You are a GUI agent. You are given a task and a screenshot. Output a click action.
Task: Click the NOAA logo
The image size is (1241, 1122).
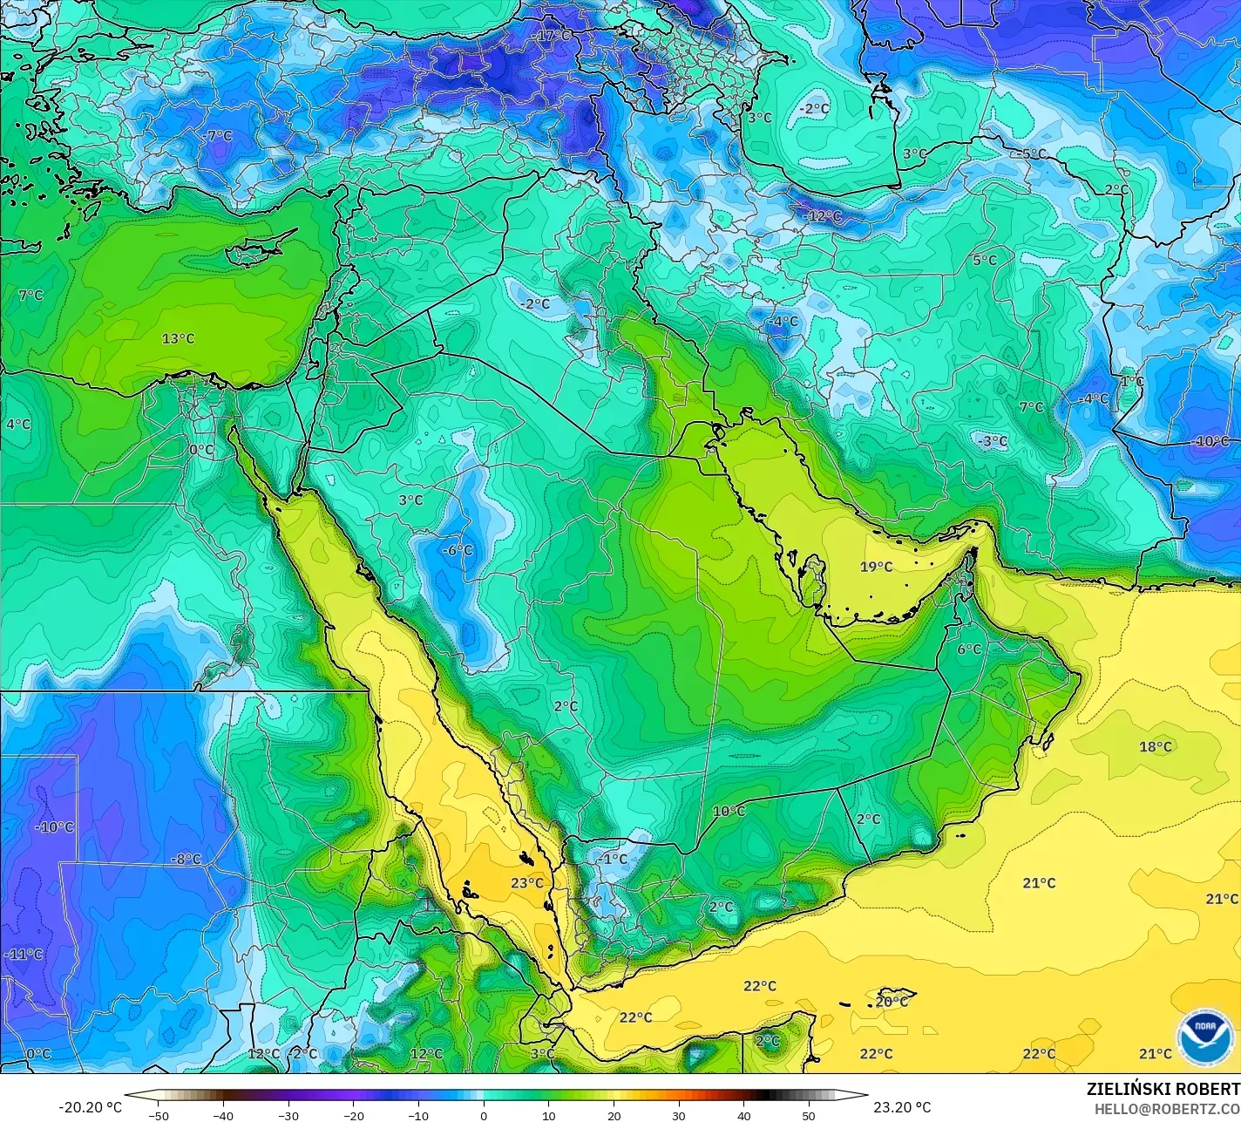pos(1205,1037)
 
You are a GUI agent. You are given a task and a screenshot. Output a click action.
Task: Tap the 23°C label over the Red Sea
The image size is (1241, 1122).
pos(527,883)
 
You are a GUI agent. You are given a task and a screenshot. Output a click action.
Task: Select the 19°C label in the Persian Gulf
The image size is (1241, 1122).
pos(876,567)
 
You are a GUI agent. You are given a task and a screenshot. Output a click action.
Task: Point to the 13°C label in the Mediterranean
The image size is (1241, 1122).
pos(178,338)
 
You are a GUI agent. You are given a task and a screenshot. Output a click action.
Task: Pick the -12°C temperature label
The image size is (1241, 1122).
pos(824,215)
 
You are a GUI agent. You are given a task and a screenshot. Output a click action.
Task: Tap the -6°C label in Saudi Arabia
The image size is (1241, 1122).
pos(456,550)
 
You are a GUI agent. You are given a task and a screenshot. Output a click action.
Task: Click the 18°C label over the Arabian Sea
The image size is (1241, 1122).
pos(1156,746)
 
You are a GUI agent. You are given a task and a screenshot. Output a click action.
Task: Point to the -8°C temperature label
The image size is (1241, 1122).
pos(185,859)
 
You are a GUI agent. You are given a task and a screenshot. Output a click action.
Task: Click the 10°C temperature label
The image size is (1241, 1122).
pos(729,811)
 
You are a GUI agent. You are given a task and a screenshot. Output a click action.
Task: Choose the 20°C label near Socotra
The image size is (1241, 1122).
pos(892,1002)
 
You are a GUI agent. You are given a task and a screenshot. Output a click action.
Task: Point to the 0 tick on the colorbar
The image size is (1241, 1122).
pos(484,1115)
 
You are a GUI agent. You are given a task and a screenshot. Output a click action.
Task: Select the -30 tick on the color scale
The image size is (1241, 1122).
pos(288,1115)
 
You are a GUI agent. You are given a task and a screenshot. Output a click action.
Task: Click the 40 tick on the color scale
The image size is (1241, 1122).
pos(743,1115)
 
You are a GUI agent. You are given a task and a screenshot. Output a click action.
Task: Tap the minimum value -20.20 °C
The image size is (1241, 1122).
pos(90,1107)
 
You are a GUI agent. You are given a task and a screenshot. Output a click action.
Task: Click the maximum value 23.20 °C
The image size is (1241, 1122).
pos(902,1107)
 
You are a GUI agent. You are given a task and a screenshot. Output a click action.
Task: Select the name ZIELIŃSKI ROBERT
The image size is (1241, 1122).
pos(1163,1089)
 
